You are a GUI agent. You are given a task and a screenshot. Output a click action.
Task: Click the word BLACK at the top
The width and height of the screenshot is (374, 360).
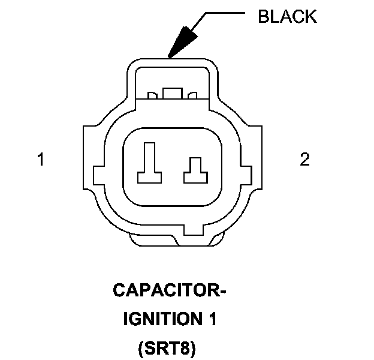287,16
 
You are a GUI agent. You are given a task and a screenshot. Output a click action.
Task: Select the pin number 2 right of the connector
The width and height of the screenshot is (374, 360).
305,160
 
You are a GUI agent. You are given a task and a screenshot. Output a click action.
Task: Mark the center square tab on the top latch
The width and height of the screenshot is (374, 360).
173,93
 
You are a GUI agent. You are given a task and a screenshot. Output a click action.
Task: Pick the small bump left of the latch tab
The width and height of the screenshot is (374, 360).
153,95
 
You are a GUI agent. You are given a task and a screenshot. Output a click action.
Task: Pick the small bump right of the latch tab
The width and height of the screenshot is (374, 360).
192,95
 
